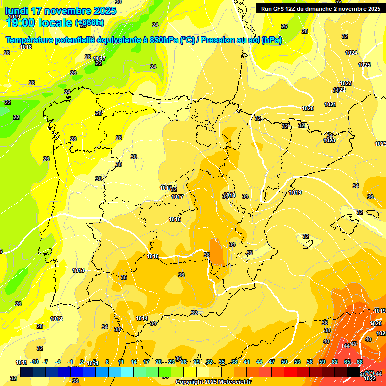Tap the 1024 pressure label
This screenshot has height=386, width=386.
click(x=351, y=53)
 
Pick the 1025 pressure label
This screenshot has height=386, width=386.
click(x=364, y=65)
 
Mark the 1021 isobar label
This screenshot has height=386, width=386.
click(x=330, y=104)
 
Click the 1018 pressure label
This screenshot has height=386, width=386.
click(x=26, y=47)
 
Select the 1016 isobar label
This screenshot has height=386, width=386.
click(x=175, y=219)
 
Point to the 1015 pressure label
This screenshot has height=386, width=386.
click(x=153, y=256)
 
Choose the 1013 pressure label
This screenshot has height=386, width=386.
click(x=78, y=270)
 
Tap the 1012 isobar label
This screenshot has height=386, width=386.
click(x=56, y=319)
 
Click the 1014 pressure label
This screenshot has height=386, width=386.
click(x=142, y=318)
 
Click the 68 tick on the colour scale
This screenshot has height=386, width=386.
click(x=360, y=362)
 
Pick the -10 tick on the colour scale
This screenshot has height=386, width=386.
click(x=34, y=362)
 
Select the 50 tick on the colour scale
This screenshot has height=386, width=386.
click(x=284, y=362)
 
